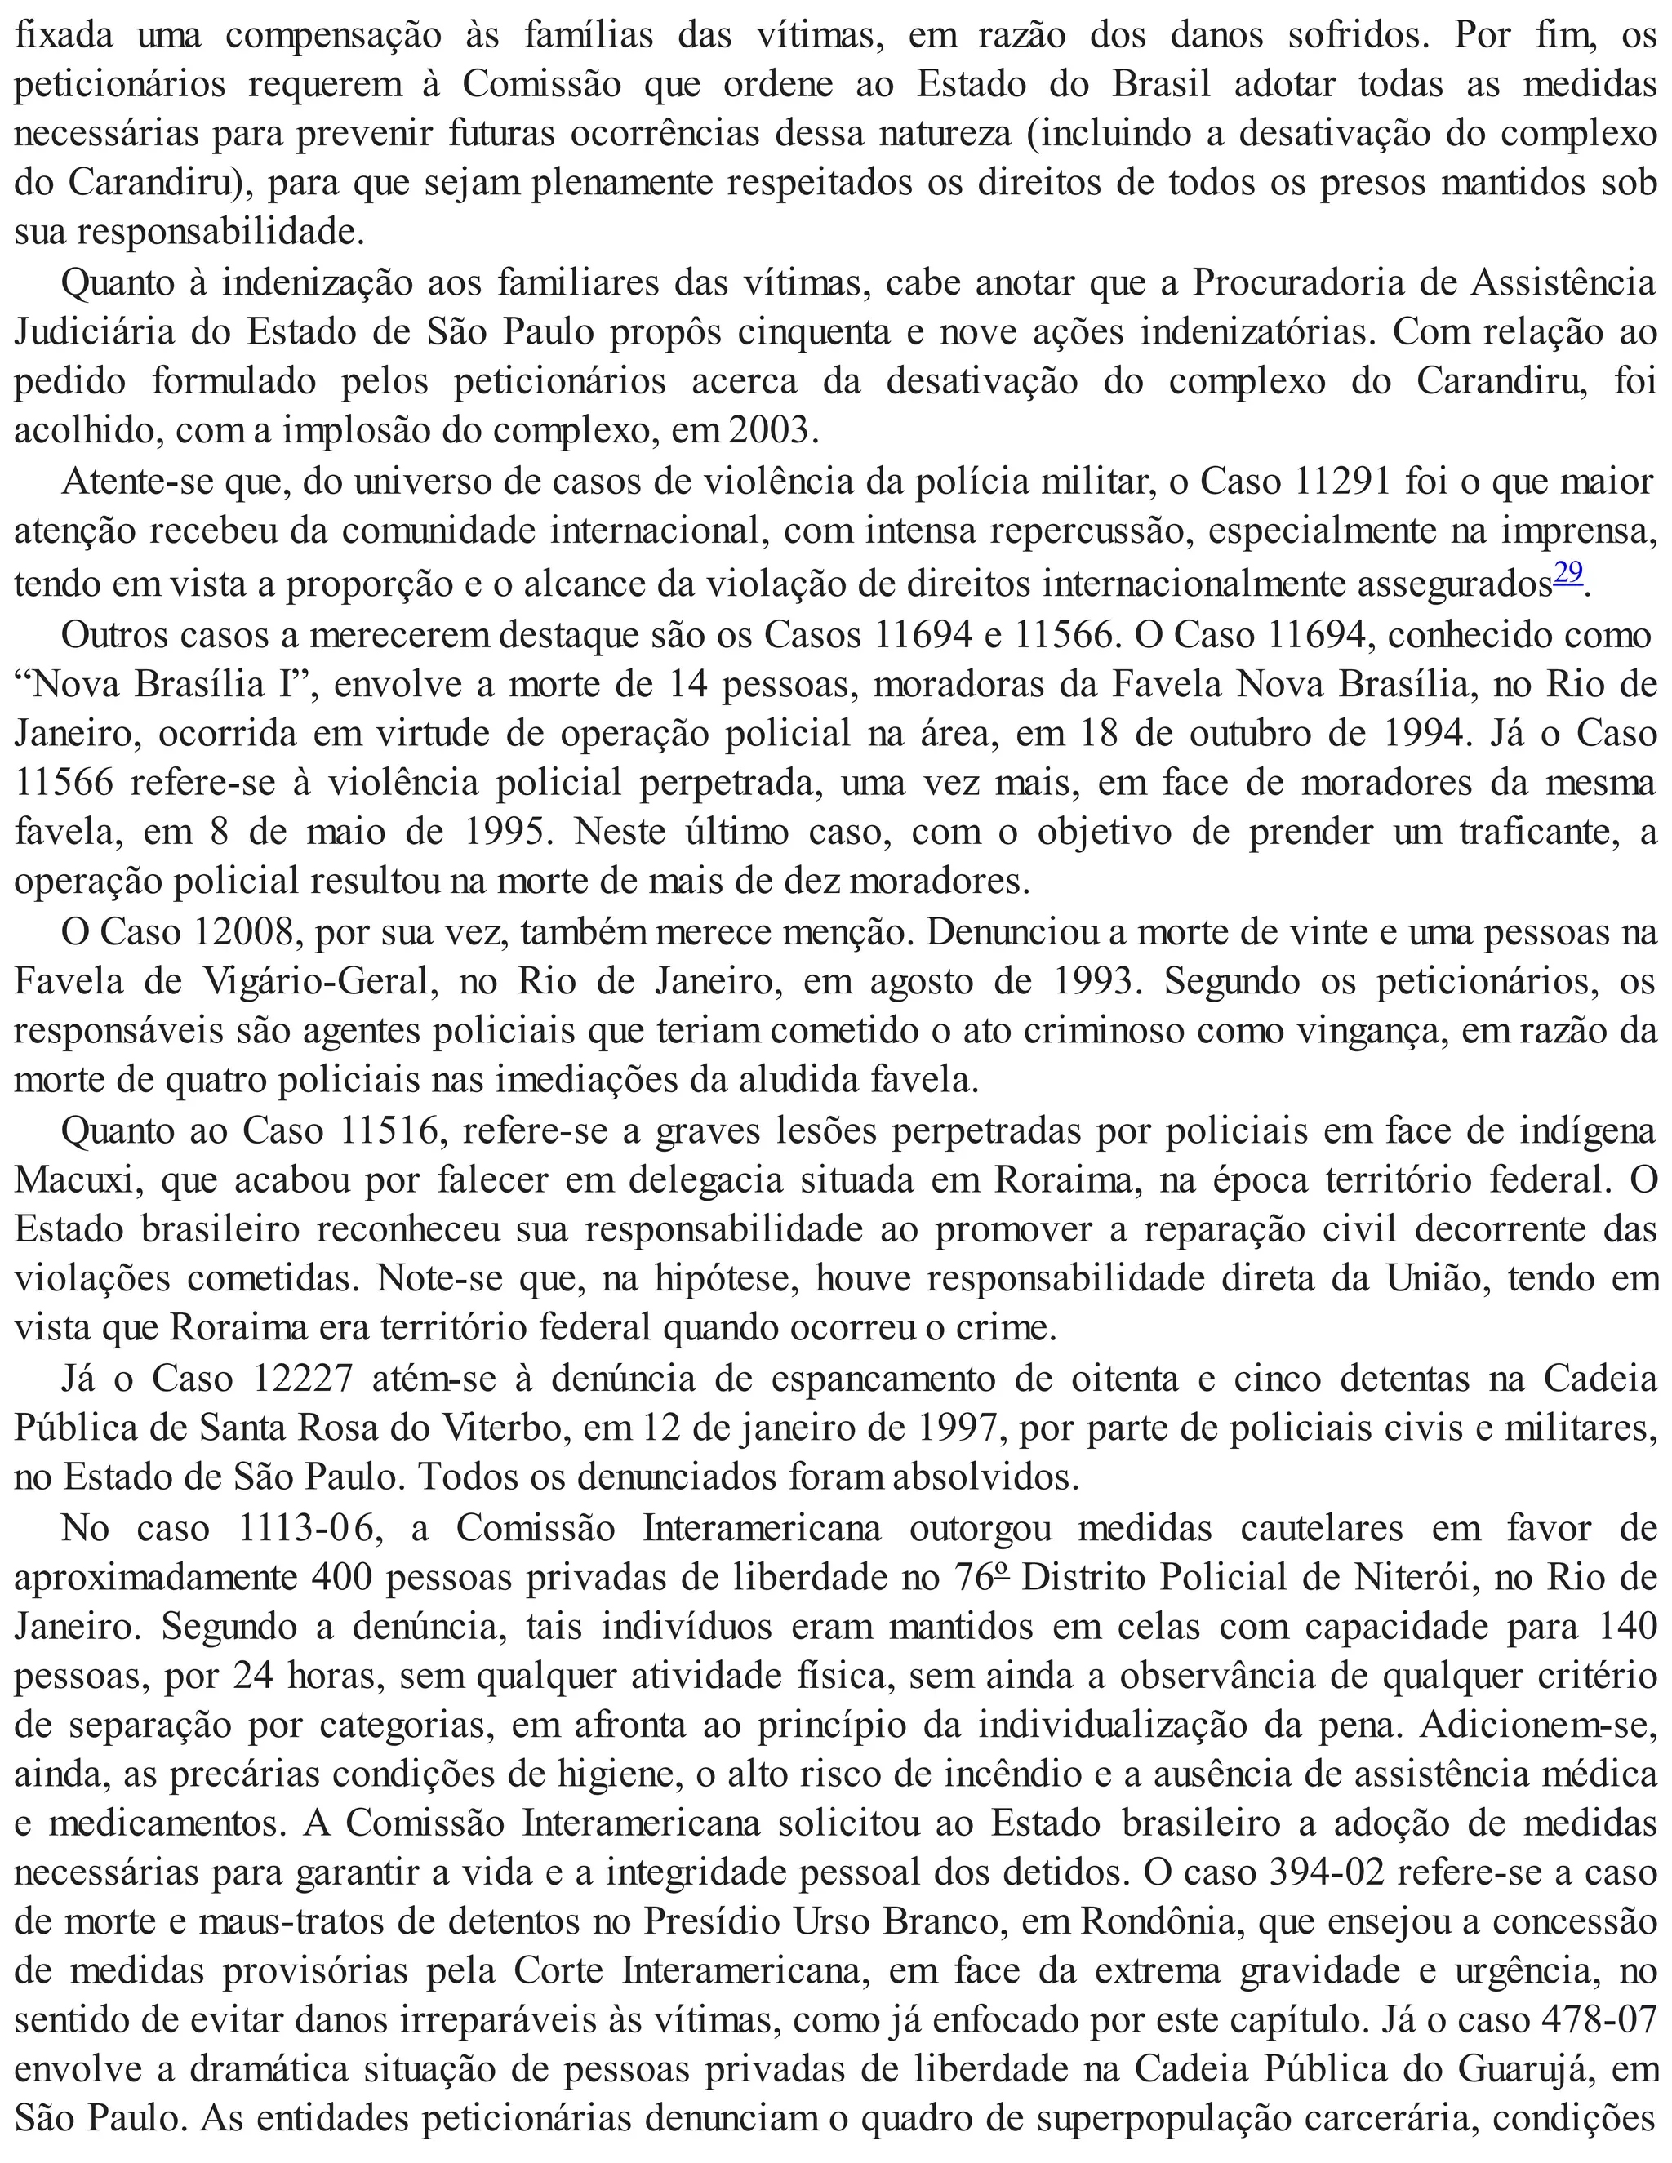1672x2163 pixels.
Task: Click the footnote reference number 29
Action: click(1568, 575)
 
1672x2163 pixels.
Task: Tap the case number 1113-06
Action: click(311, 1528)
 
